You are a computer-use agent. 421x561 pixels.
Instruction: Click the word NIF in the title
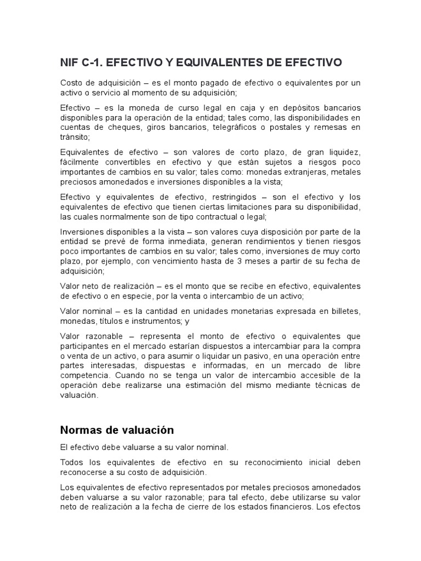point(69,63)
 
